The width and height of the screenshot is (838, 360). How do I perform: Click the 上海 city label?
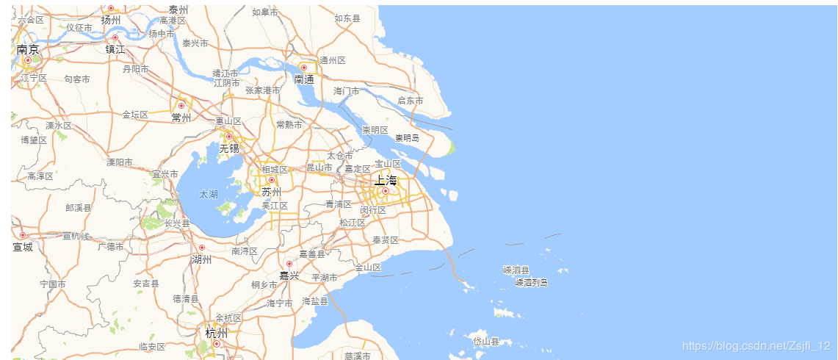point(385,180)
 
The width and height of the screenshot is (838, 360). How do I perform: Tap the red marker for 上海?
point(385,191)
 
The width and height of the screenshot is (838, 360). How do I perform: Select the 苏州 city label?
point(272,192)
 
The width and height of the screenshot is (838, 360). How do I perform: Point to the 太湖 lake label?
point(209,195)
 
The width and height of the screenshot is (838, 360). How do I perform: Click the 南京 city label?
point(28,50)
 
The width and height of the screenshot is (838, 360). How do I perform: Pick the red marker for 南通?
point(303,68)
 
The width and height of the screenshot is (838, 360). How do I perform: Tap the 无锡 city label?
point(229,148)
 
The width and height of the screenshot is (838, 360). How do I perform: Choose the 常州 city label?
point(181,118)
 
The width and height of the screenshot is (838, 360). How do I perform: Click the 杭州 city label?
point(217,333)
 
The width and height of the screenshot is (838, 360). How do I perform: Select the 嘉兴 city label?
point(289,276)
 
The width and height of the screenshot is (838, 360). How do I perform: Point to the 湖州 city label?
point(201,259)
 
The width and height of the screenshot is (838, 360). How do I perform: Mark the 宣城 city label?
point(23,247)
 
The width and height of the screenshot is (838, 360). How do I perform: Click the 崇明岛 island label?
point(407,137)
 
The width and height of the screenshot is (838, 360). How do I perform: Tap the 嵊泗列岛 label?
point(531,282)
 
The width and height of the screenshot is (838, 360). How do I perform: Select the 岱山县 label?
point(486,342)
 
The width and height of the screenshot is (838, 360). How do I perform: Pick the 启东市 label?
point(410,100)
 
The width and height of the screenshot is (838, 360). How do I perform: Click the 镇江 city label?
point(115,49)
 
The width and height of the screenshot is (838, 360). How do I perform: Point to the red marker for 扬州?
point(111,8)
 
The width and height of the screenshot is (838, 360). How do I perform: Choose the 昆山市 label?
point(319,168)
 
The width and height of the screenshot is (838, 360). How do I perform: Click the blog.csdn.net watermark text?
point(756,345)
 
